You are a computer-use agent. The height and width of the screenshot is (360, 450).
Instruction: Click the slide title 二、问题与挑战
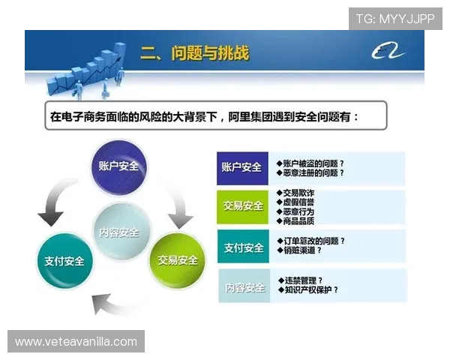click(194, 53)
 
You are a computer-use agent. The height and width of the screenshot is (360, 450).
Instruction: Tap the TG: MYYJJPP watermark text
click(394, 18)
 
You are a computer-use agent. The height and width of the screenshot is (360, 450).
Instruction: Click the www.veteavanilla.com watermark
click(76, 342)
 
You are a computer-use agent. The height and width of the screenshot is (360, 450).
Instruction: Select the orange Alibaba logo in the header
click(388, 52)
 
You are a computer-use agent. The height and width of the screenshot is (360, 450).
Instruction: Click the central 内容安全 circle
click(119, 231)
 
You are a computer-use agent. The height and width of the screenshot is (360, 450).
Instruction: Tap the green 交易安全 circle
click(177, 260)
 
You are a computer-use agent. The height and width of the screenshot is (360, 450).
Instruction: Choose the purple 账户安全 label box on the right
click(241, 167)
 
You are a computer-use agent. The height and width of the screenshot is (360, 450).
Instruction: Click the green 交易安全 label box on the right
click(241, 205)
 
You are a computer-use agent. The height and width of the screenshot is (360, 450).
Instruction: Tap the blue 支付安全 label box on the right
click(241, 247)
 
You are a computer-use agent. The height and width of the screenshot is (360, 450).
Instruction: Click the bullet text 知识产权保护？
click(309, 289)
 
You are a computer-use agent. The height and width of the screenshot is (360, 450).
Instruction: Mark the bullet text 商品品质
click(298, 220)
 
